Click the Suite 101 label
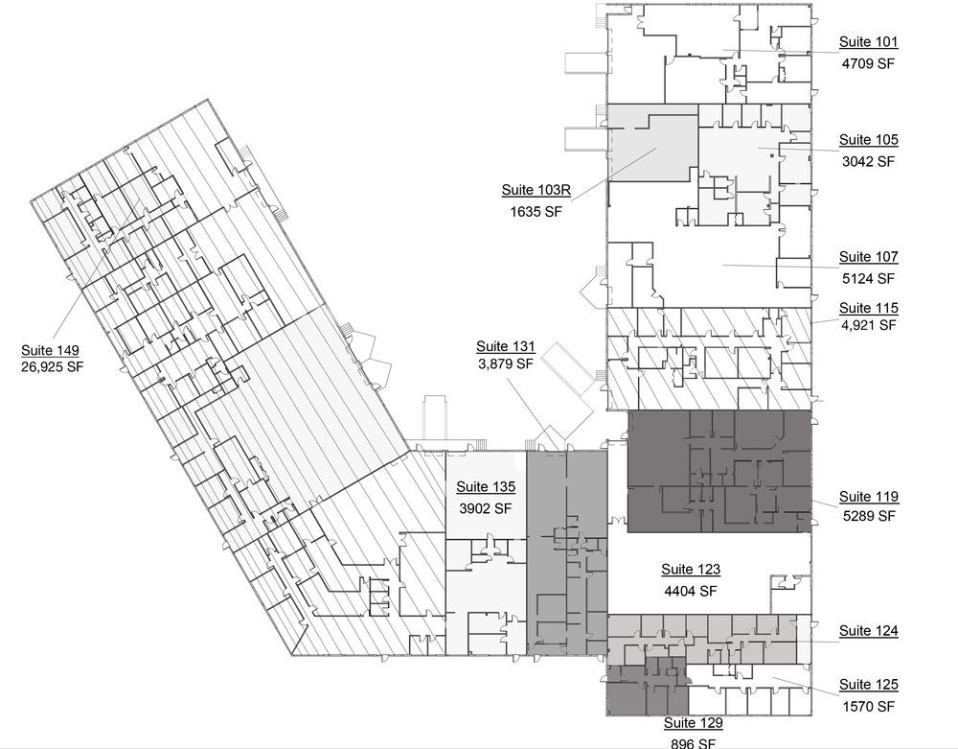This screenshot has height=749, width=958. click(868, 42)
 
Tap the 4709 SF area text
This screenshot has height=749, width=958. click(868, 63)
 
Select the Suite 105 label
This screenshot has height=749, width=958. click(868, 140)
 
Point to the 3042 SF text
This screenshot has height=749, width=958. click(868, 161)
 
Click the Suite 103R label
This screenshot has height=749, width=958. click(536, 190)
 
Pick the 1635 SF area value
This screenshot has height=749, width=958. click(536, 212)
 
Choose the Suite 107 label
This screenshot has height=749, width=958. click(868, 257)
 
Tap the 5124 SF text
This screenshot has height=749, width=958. click(868, 279)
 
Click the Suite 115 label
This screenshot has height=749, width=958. click(868, 308)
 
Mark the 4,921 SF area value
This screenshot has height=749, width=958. click(868, 325)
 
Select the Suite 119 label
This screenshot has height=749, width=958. click(868, 497)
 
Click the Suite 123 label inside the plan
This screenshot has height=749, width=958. click(691, 570)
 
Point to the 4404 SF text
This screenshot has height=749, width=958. click(691, 592)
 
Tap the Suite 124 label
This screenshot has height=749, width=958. click(868, 631)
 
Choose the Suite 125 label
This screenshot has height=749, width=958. click(868, 685)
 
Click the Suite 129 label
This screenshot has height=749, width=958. click(694, 723)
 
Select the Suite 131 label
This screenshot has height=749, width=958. click(505, 346)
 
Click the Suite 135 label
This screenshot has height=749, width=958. click(486, 486)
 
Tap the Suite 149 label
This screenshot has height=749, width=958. click(50, 350)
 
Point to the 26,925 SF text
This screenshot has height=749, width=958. click(52, 367)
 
